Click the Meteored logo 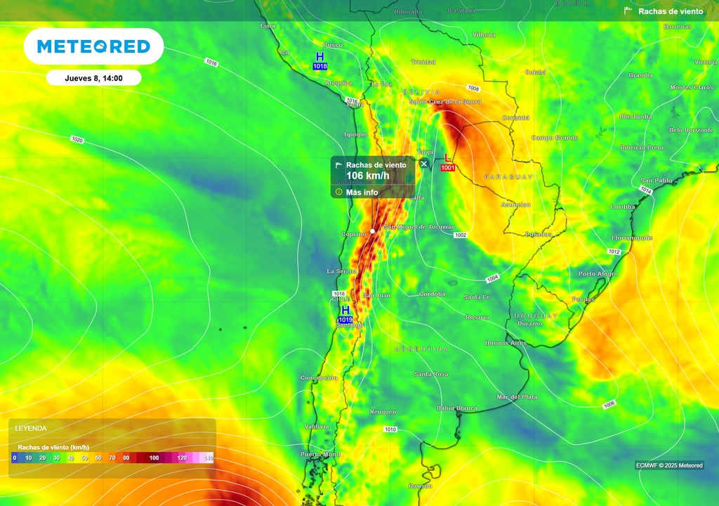pyautogui.click(x=93, y=46)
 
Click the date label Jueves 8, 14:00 pyautogui.click(x=93, y=78)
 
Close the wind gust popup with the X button pyautogui.click(x=424, y=164)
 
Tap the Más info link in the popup pyautogui.click(x=362, y=192)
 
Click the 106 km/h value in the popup pyautogui.click(x=367, y=176)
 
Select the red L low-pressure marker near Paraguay pyautogui.click(x=448, y=158)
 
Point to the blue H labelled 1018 pyautogui.click(x=320, y=57)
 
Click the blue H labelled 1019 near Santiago pyautogui.click(x=345, y=310)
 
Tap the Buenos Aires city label pyautogui.click(x=506, y=343)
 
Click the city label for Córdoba pyautogui.click(x=432, y=294)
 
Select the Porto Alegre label pyautogui.click(x=598, y=273)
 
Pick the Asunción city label pyautogui.click(x=515, y=205)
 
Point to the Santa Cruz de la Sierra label pyautogui.click(x=445, y=102)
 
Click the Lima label pyautogui.click(x=268, y=26)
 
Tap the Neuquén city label pyautogui.click(x=383, y=412)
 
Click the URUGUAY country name pyautogui.click(x=535, y=316)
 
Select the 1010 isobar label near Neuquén pyautogui.click(x=390, y=429)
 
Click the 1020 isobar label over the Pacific pyautogui.click(x=77, y=140)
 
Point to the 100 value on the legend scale pyautogui.click(x=154, y=458)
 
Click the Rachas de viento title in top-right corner pyautogui.click(x=671, y=11)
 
